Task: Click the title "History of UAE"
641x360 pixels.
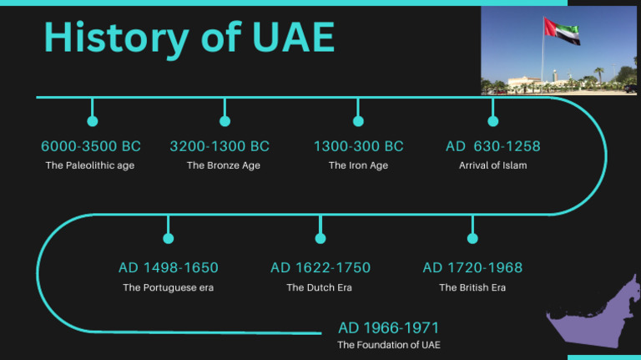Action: [x=189, y=38]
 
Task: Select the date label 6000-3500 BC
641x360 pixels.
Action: [x=91, y=146]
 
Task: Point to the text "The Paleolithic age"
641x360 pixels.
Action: [x=90, y=165]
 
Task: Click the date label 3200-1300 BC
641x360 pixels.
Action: [x=220, y=146]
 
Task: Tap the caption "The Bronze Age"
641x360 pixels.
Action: [x=224, y=165]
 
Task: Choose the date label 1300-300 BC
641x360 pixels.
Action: [x=358, y=146]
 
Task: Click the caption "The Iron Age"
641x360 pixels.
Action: [x=358, y=165]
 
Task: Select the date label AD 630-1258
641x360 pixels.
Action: [x=492, y=146]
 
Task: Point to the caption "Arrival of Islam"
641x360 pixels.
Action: [x=492, y=165]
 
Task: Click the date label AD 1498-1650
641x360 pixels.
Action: [x=169, y=268]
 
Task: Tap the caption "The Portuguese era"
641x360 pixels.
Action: [x=169, y=287]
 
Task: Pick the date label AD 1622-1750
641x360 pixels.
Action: [x=320, y=268]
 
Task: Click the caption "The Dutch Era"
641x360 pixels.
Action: [x=320, y=287]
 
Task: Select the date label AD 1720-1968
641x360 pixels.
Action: [x=472, y=268]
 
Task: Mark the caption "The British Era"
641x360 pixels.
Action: [x=472, y=287]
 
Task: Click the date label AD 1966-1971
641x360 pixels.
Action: [x=388, y=327]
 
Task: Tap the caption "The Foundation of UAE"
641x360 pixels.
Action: [x=389, y=345]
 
